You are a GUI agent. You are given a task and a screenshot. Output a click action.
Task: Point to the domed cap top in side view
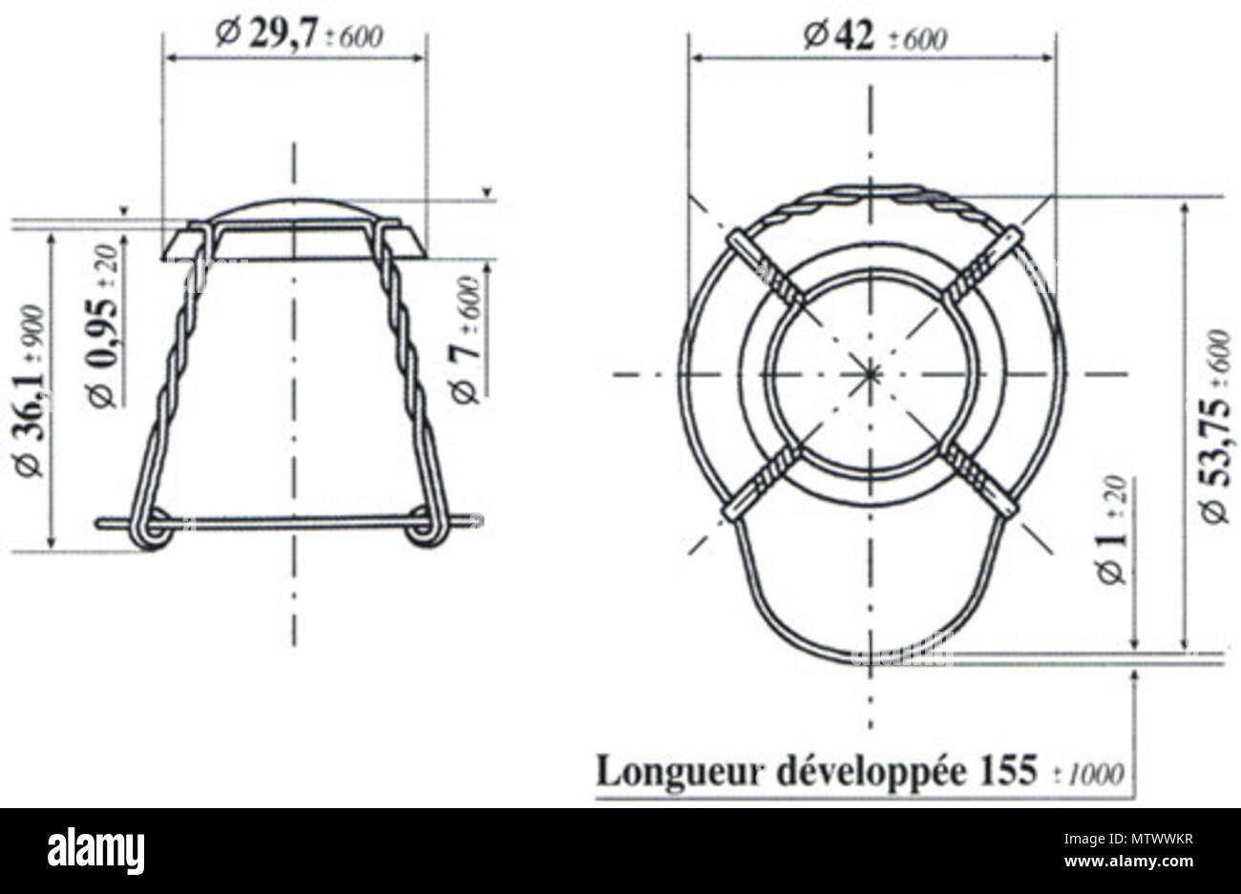coord(294,207)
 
